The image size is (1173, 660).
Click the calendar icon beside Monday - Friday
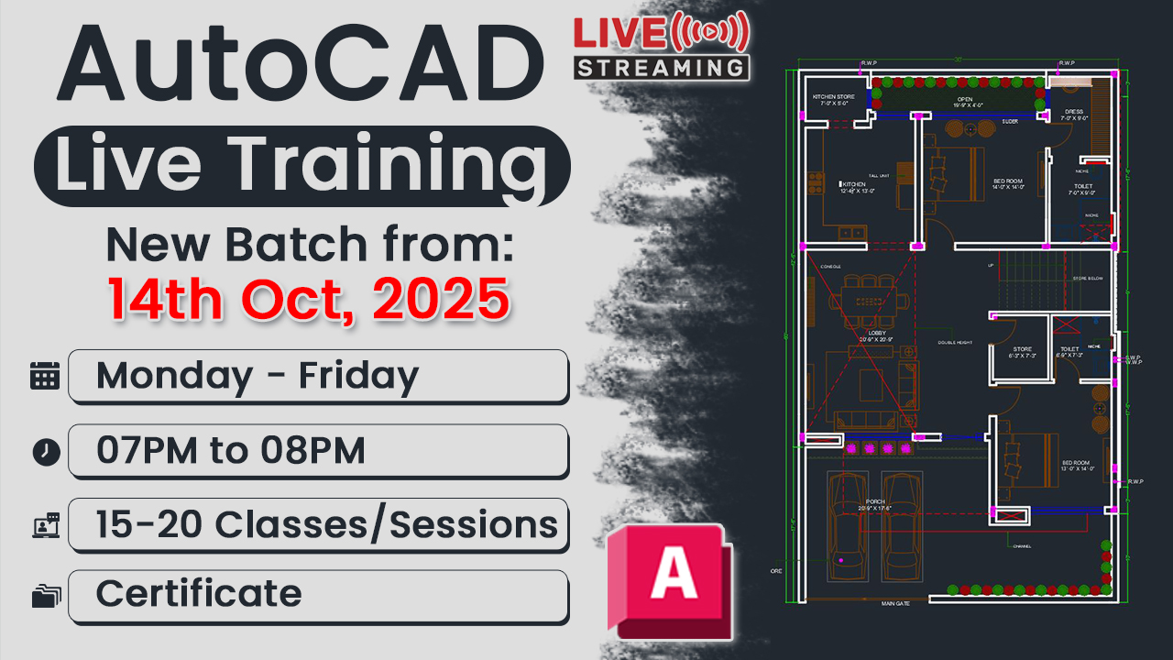[45, 376]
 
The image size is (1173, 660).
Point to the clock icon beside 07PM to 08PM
[45, 451]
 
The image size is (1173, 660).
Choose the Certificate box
[317, 594]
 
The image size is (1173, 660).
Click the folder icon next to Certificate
[45, 597]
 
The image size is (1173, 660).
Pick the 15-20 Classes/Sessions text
[326, 524]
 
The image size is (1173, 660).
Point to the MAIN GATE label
[896, 604]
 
